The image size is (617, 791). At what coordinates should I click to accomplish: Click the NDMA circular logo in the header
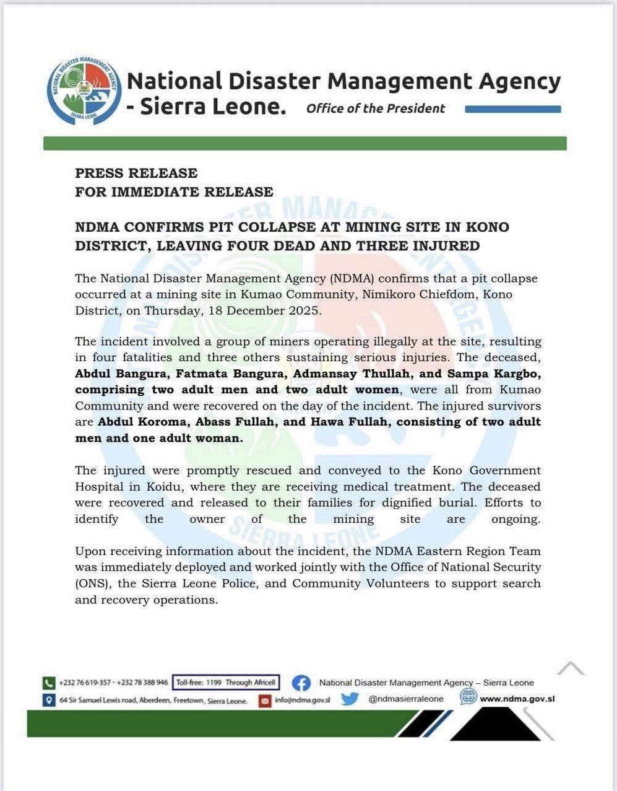pos(84,91)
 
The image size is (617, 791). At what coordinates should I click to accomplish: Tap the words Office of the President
pos(375,109)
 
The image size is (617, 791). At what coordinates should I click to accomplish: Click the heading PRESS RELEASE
pos(136,173)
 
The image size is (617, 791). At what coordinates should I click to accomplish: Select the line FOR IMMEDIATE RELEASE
pos(174,192)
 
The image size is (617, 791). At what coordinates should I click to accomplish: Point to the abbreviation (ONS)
pos(92,583)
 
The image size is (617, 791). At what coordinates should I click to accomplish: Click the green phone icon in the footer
pos(49,683)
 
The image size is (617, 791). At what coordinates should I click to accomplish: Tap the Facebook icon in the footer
pos(301,683)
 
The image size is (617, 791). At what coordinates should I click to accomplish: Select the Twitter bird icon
pos(350,699)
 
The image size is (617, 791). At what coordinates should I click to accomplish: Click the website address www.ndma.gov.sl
pos(517,699)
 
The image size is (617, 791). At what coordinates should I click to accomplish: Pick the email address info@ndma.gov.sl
pos(303,701)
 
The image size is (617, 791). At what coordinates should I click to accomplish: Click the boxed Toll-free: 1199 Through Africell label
pos(226,683)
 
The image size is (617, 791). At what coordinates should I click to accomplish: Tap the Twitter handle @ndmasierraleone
pos(405,699)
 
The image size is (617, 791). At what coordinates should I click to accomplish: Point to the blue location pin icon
pos(49,701)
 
